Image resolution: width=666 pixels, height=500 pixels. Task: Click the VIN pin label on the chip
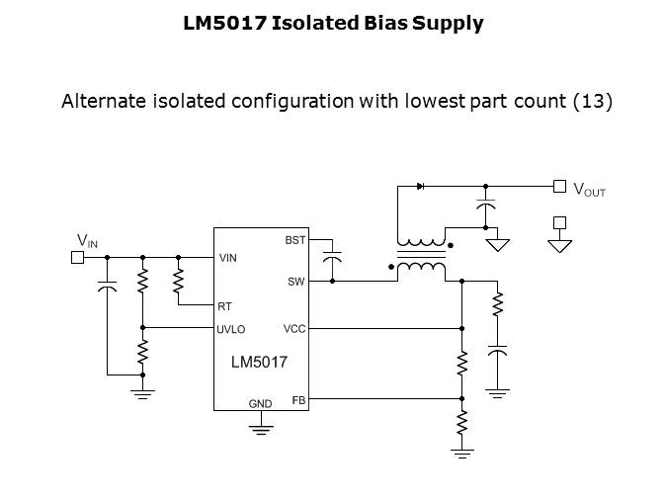coord(228,258)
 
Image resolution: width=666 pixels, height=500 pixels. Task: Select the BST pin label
coord(295,240)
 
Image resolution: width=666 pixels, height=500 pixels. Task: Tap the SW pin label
coord(296,283)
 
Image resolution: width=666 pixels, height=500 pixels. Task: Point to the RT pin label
coord(224,306)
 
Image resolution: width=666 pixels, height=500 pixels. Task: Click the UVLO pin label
coord(231,329)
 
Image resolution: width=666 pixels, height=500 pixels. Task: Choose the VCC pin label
coord(294,329)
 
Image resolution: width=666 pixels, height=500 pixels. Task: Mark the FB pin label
coord(298,399)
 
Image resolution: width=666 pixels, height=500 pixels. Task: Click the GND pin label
coord(260,404)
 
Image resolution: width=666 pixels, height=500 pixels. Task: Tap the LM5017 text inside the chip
coord(259,363)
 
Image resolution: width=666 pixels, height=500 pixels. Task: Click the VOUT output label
coord(589,190)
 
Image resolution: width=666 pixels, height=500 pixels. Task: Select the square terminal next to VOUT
coord(559,186)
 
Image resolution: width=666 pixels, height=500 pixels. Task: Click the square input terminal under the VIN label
coord(76,258)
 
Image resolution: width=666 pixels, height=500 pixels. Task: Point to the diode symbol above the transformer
coord(421,186)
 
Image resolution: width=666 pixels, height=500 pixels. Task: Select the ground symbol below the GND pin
coord(260,427)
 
